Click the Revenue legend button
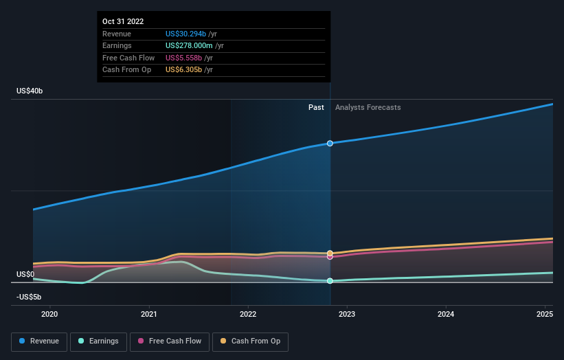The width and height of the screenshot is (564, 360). pos(39,341)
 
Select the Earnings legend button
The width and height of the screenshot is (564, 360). pos(98,341)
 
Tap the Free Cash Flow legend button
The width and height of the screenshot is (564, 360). pos(170,341)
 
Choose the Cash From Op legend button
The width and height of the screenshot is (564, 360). pos(250,341)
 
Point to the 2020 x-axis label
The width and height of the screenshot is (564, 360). pos(49,314)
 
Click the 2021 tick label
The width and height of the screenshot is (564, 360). pos(149,314)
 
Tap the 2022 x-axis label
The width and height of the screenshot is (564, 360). pos(248,314)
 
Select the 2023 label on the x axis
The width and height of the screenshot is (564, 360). pos(347,314)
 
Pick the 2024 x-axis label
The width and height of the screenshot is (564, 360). pos(446,314)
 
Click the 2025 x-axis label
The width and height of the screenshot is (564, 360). pos(545,314)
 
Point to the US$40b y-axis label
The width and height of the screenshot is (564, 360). pos(30,91)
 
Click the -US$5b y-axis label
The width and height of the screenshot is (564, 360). pos(29,297)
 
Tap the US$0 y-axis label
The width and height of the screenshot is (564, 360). pos(25,274)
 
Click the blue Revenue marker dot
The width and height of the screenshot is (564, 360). pos(330,144)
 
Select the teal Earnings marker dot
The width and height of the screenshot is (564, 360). pos(330,281)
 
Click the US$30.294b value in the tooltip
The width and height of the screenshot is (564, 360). pos(185,34)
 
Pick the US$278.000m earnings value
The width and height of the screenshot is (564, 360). pos(189,45)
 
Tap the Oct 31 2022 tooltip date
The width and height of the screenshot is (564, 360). pos(123,21)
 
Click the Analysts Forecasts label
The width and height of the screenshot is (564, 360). pos(368,108)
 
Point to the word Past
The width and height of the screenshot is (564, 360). pos(316,108)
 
